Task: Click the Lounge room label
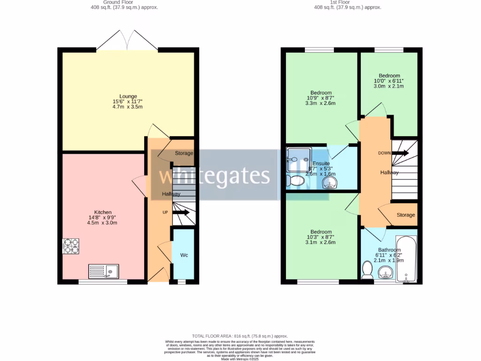128,96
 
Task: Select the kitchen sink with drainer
104,271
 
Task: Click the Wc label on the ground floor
184,255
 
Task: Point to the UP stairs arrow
181,212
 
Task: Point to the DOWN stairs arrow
400,153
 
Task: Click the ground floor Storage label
184,153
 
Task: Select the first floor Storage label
406,215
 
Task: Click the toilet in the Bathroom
367,270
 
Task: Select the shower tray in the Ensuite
297,160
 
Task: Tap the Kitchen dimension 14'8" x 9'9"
102,217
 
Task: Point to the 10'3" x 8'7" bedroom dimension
321,237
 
